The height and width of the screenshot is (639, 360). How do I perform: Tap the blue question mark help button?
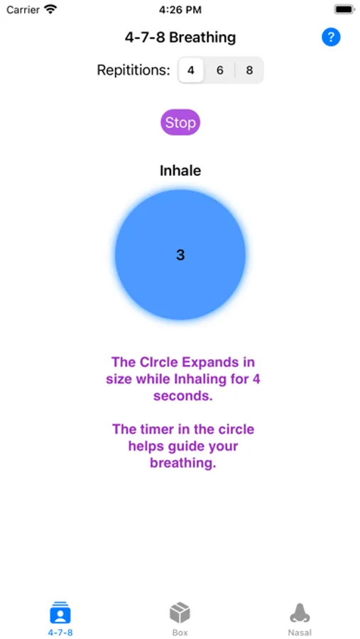tap(331, 37)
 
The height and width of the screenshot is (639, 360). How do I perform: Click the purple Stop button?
tap(180, 122)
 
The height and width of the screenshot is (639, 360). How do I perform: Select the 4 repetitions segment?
tap(191, 70)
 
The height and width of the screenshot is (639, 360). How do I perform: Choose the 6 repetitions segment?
tap(219, 70)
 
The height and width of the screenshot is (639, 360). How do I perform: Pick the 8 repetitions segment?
tap(249, 70)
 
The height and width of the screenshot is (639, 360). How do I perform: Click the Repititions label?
tap(133, 70)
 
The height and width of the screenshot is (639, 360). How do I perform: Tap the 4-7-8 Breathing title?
tap(180, 38)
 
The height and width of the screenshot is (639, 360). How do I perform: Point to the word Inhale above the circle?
tap(180, 170)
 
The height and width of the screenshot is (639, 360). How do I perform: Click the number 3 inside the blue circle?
tap(180, 255)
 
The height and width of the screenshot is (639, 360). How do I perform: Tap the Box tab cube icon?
tap(180, 613)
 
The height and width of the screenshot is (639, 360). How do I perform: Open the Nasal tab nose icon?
tap(300, 613)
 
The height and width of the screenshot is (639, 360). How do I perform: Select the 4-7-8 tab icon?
tap(60, 613)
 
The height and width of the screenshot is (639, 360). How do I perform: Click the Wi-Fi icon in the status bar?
tap(50, 9)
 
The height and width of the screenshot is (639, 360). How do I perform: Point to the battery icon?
tap(344, 9)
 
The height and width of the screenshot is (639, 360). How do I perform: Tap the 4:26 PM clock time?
tap(180, 10)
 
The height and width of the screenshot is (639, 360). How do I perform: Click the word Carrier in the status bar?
tap(23, 10)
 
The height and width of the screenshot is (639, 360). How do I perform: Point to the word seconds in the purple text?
tap(183, 396)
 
